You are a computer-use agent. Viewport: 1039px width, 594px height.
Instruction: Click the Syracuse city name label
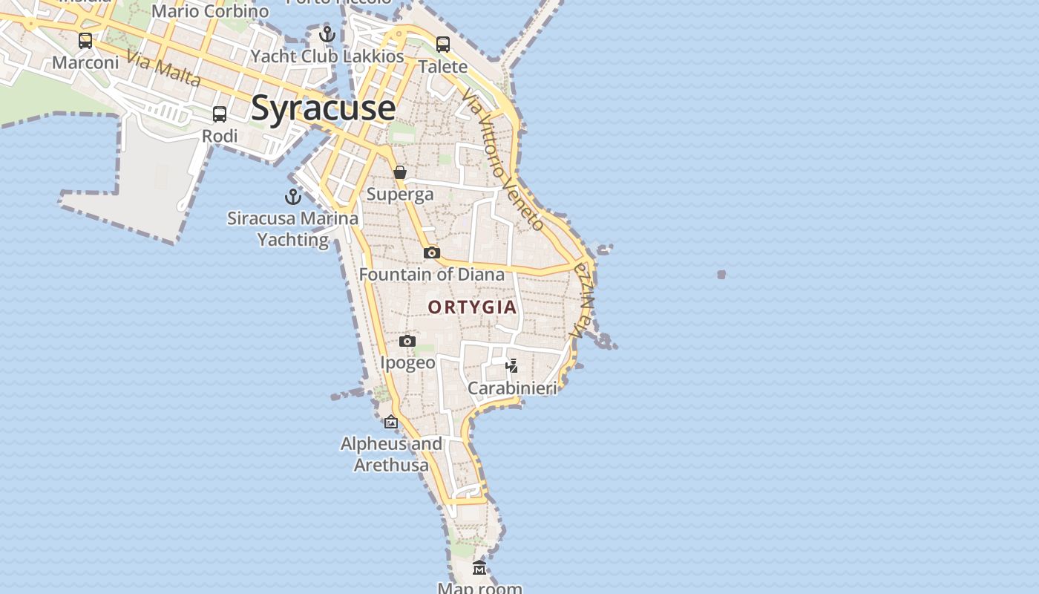tap(323, 108)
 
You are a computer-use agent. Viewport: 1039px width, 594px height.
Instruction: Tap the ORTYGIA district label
tap(472, 307)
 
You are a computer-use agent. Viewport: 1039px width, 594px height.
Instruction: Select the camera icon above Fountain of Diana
tap(431, 253)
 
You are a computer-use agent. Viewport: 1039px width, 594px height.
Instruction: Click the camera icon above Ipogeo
tap(407, 342)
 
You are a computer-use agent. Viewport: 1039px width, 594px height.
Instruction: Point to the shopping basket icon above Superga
tap(400, 173)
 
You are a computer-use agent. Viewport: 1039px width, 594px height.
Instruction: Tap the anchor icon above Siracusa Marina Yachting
tap(293, 197)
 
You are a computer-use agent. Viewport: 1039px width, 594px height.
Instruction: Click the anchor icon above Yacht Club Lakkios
tap(327, 34)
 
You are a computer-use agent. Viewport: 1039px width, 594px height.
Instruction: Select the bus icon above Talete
tap(443, 45)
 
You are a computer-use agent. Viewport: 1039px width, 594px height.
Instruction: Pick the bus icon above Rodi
tap(220, 114)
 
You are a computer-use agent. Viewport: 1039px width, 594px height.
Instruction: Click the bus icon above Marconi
tap(85, 41)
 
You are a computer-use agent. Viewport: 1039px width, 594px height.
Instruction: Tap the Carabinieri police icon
tap(511, 365)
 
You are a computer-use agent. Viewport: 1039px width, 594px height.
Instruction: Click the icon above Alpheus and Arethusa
tap(391, 422)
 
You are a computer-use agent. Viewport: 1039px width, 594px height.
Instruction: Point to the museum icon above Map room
tap(479, 568)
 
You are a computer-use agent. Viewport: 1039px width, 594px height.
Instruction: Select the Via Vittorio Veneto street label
tap(502, 160)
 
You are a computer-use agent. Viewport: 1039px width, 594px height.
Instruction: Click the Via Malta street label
tap(163, 68)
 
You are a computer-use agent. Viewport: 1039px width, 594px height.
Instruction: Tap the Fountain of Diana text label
tap(431, 275)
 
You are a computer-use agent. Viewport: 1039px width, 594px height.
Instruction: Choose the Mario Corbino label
tap(210, 11)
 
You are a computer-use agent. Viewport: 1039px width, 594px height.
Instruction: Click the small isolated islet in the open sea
tap(721, 275)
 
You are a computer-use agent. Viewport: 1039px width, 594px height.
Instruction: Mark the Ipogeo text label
tap(407, 362)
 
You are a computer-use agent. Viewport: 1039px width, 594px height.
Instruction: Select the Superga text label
tap(400, 195)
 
